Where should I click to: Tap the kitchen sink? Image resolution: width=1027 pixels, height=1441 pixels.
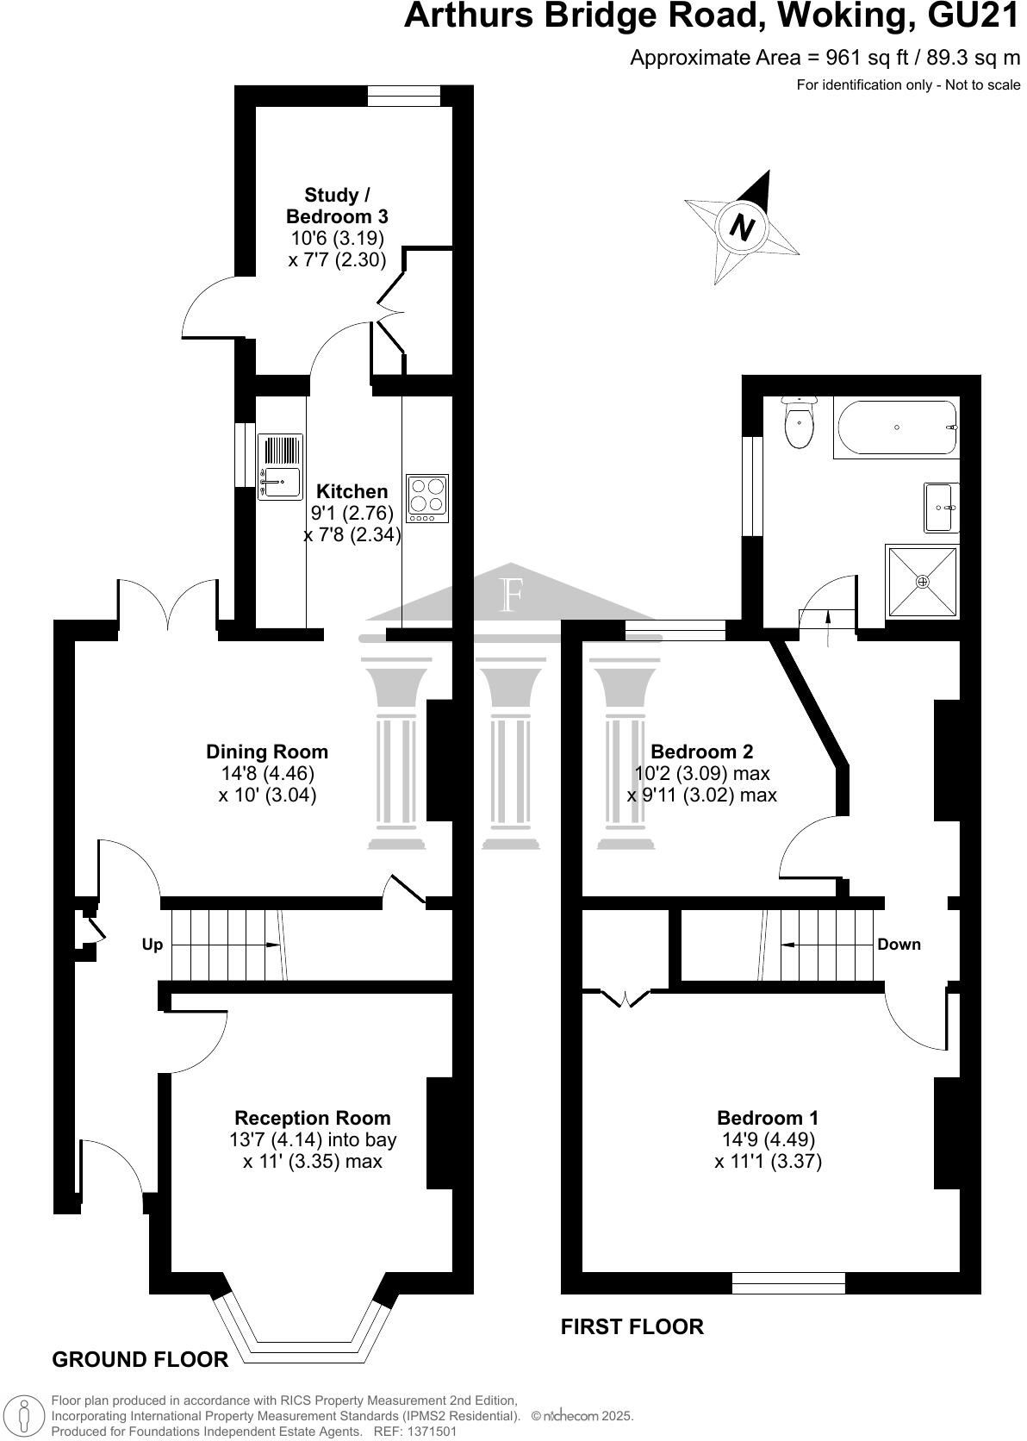[280, 466]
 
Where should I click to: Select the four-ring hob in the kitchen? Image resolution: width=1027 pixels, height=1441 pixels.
[427, 499]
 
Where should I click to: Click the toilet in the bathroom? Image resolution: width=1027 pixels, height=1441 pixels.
[799, 424]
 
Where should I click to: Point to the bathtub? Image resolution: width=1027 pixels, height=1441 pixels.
[896, 427]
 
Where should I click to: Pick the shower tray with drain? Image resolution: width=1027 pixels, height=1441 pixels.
[922, 582]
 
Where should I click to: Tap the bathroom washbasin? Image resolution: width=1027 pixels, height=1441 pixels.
[941, 508]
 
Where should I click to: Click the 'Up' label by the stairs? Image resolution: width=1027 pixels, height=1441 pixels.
[152, 945]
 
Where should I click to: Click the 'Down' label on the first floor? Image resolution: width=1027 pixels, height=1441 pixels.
[899, 944]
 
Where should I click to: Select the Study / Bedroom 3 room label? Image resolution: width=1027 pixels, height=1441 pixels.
[337, 206]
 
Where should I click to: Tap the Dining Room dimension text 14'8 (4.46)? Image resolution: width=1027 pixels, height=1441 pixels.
[267, 773]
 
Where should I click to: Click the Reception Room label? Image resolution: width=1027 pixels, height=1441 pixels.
[312, 1118]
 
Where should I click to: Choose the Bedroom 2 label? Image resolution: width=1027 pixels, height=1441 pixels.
[701, 751]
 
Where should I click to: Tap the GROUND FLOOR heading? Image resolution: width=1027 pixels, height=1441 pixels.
[140, 1359]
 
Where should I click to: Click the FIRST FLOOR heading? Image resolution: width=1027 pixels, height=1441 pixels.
[632, 1326]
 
